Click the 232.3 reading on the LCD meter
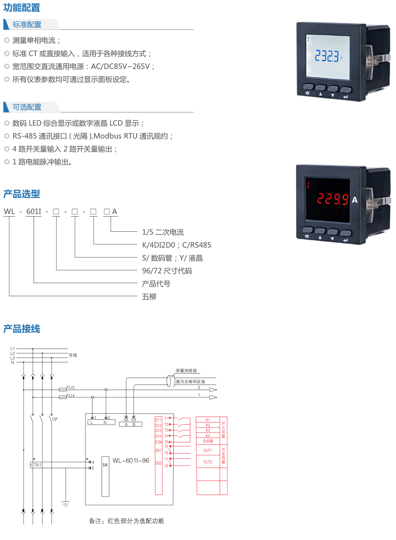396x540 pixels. (x=327, y=56)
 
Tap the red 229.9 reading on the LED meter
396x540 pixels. (x=333, y=199)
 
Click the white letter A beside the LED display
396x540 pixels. (x=354, y=200)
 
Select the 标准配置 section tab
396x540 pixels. (x=27, y=25)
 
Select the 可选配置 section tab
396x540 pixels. (x=27, y=107)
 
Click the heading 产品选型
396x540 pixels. (x=22, y=194)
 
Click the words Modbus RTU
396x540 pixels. (x=115, y=136)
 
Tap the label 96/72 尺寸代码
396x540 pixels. (x=167, y=271)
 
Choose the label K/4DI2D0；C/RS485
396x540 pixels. (x=176, y=245)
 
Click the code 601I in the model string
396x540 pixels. (x=34, y=211)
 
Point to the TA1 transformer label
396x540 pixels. (x=38, y=465)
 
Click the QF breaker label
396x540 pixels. (x=55, y=419)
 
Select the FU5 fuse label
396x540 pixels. (x=70, y=388)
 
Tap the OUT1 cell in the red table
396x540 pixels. (x=208, y=450)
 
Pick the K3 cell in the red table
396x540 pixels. (x=208, y=430)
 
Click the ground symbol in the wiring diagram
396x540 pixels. (x=66, y=504)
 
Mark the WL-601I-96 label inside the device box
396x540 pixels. (x=131, y=461)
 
